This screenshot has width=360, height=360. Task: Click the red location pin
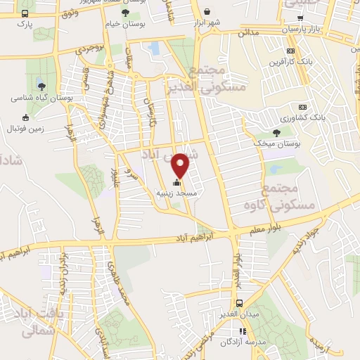click(x=181, y=164)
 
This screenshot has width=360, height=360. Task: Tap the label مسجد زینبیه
click(x=196, y=191)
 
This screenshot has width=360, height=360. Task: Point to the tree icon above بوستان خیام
click(x=126, y=12)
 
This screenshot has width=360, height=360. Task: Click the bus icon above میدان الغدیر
click(x=240, y=303)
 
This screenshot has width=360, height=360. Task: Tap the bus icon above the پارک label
click(x=25, y=13)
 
